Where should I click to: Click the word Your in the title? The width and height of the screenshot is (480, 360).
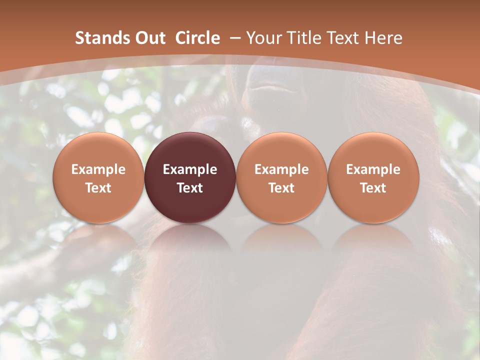pyautogui.click(x=262, y=38)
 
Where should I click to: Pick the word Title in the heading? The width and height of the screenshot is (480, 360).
pyautogui.click(x=301, y=38)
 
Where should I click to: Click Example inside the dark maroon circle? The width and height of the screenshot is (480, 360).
pyautogui.click(x=190, y=169)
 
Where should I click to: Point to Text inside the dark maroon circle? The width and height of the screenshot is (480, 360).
pyautogui.click(x=190, y=188)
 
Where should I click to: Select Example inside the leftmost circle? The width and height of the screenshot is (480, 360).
pyautogui.click(x=98, y=169)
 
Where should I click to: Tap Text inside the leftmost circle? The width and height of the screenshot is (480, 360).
pyautogui.click(x=98, y=188)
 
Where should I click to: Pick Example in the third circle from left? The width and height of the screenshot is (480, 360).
pyautogui.click(x=281, y=169)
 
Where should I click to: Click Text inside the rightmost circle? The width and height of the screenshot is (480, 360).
pyautogui.click(x=373, y=188)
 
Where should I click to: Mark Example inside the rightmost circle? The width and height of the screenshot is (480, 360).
pyautogui.click(x=373, y=169)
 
